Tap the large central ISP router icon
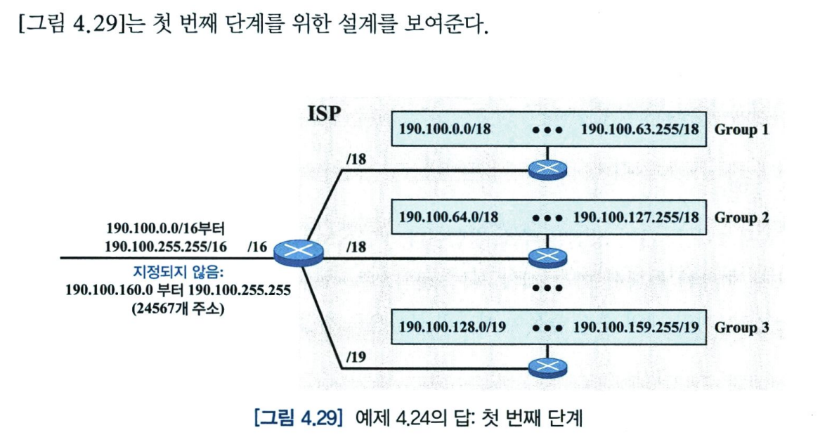click(299, 252)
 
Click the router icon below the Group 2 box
click(546, 258)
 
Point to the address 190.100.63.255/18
click(639, 130)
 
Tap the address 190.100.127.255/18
click(637, 216)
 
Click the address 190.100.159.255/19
click(637, 327)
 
